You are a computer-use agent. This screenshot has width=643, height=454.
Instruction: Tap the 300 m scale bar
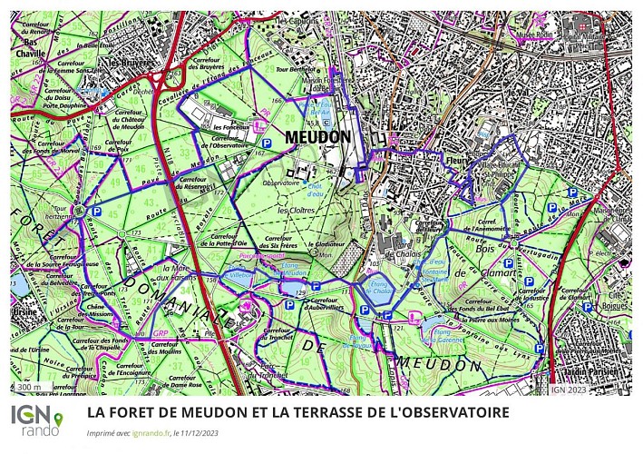point(30,388)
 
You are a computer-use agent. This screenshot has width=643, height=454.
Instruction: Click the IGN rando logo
point(37,420)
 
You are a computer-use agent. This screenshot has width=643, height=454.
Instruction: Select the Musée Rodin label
point(534,31)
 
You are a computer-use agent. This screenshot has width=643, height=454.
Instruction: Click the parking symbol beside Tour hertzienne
point(96,211)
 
